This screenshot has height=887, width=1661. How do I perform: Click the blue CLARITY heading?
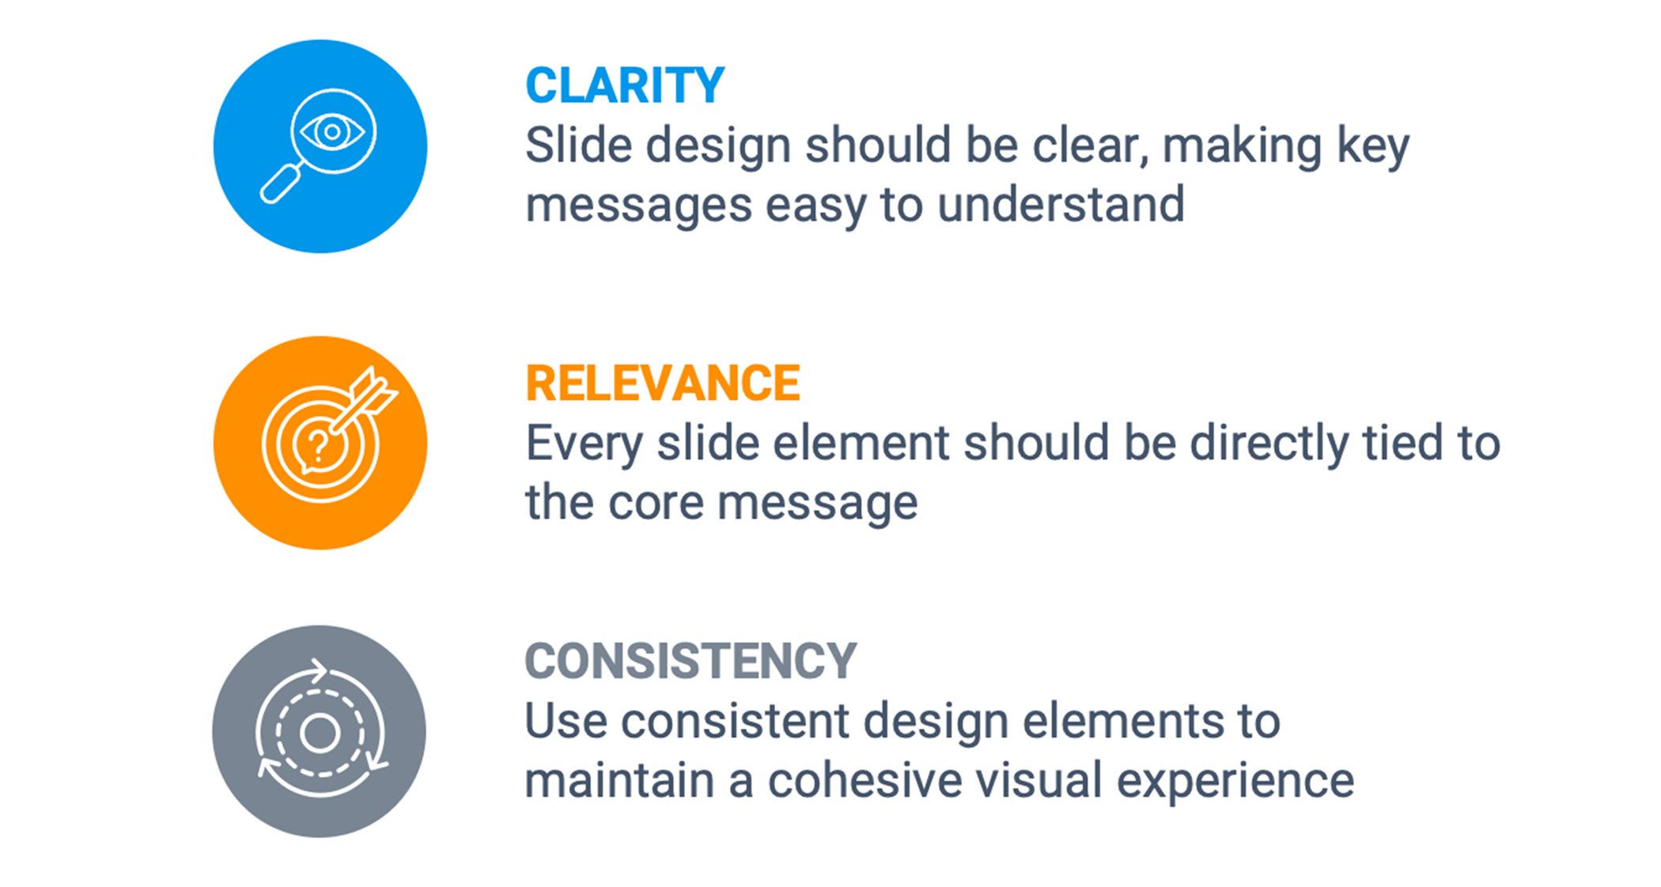(625, 85)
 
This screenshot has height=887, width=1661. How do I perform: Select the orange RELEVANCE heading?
(663, 383)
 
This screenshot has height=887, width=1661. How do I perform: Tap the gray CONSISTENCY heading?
(691, 661)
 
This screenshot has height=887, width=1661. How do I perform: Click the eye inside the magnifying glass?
(332, 131)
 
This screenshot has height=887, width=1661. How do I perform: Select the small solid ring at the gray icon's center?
(320, 733)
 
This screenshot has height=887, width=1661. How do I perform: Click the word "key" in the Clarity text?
(1373, 147)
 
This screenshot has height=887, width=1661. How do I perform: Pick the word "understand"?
(1061, 206)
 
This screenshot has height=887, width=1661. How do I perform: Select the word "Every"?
(584, 444)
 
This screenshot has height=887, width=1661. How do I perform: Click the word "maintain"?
(619, 781)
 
